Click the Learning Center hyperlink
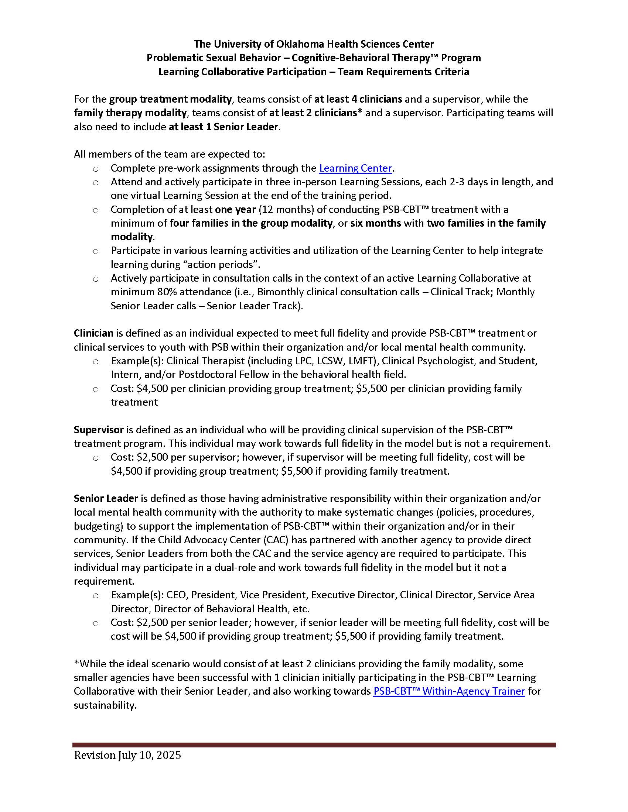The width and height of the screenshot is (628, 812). coord(355,168)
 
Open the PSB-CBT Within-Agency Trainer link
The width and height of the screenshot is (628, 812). coord(449,691)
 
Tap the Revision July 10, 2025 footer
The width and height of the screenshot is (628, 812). coord(127,755)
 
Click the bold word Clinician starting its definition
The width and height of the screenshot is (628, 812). coord(93,333)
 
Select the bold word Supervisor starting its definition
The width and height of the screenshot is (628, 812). coord(99,430)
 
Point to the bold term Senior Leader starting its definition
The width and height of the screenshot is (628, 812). coord(106,498)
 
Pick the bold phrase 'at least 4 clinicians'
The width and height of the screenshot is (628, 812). coord(358,99)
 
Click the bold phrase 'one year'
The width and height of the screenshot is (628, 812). coord(235,210)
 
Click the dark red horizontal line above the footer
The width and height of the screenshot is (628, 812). coord(314,745)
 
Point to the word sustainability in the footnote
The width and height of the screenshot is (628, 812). coord(105,705)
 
